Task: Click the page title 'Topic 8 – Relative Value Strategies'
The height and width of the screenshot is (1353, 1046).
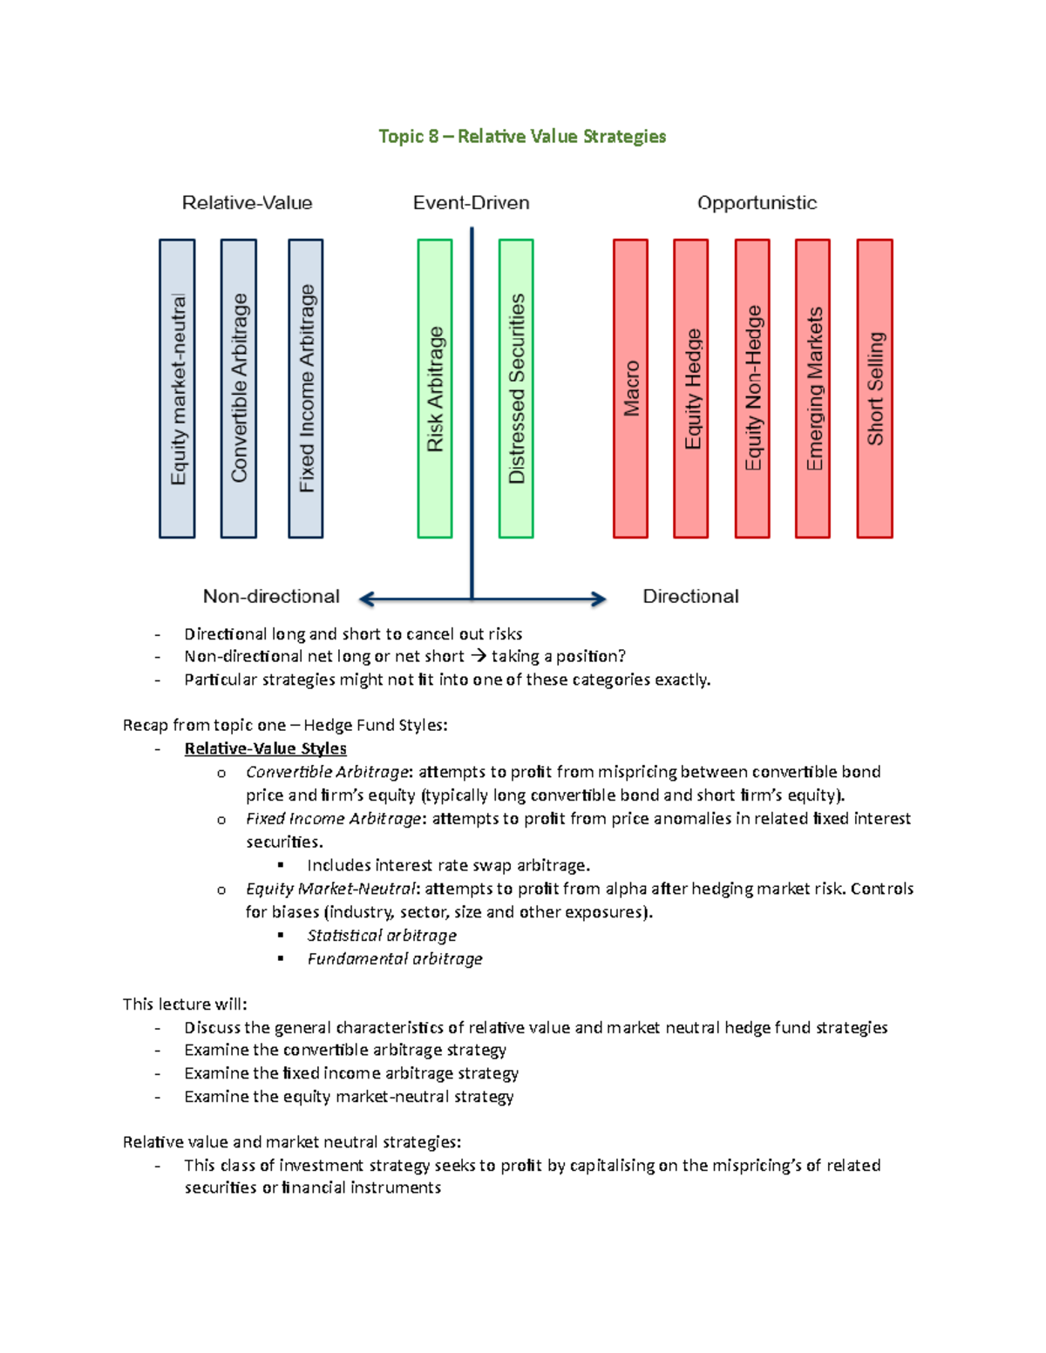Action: tap(522, 136)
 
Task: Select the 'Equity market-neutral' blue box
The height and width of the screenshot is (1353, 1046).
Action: tap(177, 389)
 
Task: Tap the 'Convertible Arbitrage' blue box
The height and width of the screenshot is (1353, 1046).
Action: tap(239, 389)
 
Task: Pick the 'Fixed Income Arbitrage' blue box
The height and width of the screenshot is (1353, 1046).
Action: tap(306, 389)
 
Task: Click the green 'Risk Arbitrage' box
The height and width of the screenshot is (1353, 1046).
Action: tap(435, 389)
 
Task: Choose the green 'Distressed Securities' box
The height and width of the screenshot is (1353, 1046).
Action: tap(516, 389)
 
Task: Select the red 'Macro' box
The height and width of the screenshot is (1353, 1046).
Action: tap(630, 389)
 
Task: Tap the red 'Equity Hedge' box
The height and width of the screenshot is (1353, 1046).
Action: tap(691, 389)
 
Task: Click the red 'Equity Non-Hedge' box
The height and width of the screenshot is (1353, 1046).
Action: tap(752, 389)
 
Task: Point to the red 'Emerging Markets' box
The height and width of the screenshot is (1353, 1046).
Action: tap(813, 389)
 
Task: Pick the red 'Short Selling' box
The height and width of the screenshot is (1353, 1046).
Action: tap(875, 389)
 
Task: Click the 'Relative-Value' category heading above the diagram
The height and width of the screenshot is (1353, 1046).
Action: tap(247, 203)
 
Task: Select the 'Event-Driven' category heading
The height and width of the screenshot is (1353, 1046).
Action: tap(471, 203)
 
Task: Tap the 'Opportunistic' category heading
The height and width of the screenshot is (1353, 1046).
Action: tap(757, 203)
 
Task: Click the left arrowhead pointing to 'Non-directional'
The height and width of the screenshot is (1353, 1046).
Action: tap(366, 599)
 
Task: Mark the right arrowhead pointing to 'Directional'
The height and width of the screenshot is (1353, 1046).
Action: tap(598, 599)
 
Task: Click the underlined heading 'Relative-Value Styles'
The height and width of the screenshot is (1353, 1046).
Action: tap(265, 748)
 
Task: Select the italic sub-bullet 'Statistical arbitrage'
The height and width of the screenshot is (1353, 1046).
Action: tap(381, 935)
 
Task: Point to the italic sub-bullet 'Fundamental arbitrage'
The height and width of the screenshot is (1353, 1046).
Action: tap(394, 958)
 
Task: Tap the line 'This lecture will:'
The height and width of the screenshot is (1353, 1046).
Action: tap(185, 1004)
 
